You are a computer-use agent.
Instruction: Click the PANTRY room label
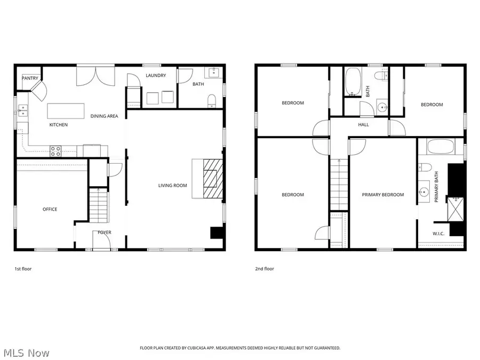[x=29, y=78]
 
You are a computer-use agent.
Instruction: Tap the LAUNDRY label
[x=156, y=76]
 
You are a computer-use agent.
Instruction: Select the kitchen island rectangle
[x=66, y=111]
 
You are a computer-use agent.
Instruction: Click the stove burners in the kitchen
[x=55, y=151]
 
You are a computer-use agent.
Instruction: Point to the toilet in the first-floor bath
[x=211, y=100]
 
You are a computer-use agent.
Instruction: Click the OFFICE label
[x=50, y=209]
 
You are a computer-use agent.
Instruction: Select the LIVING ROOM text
[x=172, y=186]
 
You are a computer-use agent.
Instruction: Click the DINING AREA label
[x=103, y=116]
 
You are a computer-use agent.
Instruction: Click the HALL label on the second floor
[x=363, y=125]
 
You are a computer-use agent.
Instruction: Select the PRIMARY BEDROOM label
[x=382, y=195]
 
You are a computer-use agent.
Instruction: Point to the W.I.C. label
[x=438, y=234]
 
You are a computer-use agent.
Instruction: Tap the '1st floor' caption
[x=23, y=269]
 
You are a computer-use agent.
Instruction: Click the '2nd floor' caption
[x=265, y=269]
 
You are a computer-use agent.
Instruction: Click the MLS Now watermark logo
[x=27, y=353]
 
